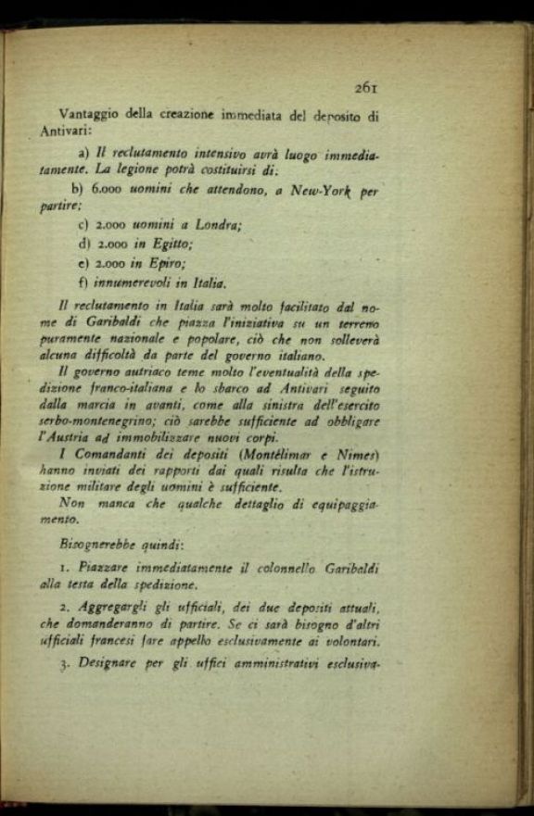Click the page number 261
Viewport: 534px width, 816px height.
[366, 88]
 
